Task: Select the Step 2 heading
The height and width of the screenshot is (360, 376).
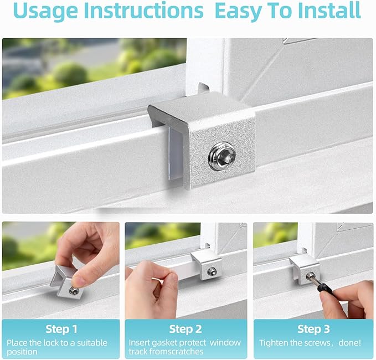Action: click(x=186, y=330)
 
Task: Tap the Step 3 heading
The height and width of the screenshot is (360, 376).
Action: click(x=313, y=330)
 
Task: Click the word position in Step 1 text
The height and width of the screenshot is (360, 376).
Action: click(x=22, y=352)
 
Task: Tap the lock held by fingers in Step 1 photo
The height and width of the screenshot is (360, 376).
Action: click(x=68, y=281)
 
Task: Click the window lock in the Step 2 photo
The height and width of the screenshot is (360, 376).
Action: click(x=207, y=264)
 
